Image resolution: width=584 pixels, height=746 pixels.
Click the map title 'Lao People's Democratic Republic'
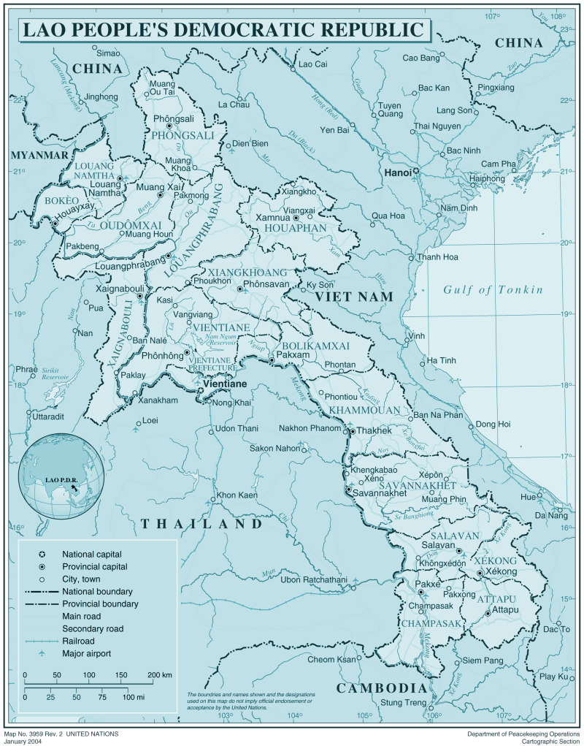pyautogui.click(x=223, y=30)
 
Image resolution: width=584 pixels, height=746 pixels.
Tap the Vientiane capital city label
pyautogui.click(x=225, y=384)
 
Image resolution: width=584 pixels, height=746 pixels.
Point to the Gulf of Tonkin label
pyautogui.click(x=493, y=290)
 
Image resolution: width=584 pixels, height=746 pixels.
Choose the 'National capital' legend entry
pyautogui.click(x=92, y=554)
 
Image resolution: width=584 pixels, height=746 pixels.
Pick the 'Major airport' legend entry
pyautogui.click(x=86, y=653)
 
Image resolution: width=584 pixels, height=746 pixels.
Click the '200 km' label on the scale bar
pyautogui.click(x=159, y=674)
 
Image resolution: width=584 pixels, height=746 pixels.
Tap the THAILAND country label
pyautogui.click(x=201, y=524)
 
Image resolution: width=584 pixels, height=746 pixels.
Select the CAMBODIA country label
pyautogui.click(x=380, y=688)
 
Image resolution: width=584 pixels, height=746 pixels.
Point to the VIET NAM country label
pyautogui.click(x=354, y=297)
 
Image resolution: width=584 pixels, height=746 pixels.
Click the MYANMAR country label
pyautogui.click(x=39, y=156)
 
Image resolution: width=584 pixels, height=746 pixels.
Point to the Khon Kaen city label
pyautogui.click(x=237, y=495)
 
